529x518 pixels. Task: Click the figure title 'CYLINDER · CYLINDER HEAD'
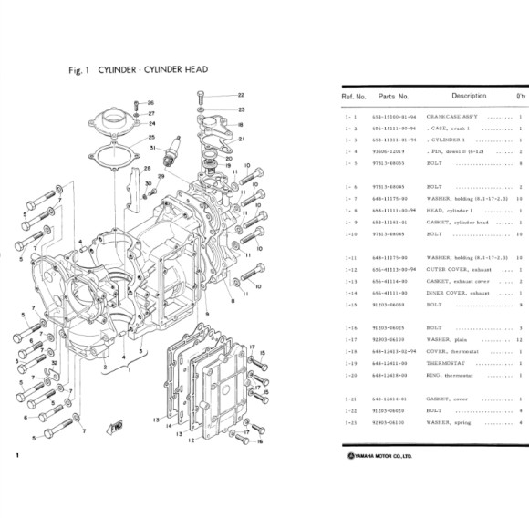point(150,69)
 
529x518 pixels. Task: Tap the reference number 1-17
point(353,338)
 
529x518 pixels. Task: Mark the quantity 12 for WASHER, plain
point(518,338)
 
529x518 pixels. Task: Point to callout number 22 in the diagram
point(241,95)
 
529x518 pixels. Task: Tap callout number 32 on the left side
point(54,363)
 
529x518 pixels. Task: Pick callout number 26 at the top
point(151,102)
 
